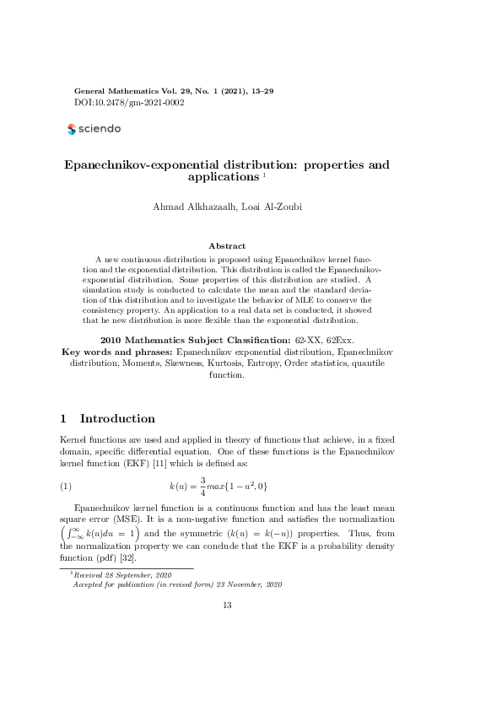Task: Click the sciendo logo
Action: click(94, 129)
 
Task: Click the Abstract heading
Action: click(226, 245)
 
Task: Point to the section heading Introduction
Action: click(116, 419)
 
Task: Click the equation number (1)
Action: click(66, 487)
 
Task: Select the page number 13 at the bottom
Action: click(226, 605)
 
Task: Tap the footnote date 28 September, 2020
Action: click(128, 574)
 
